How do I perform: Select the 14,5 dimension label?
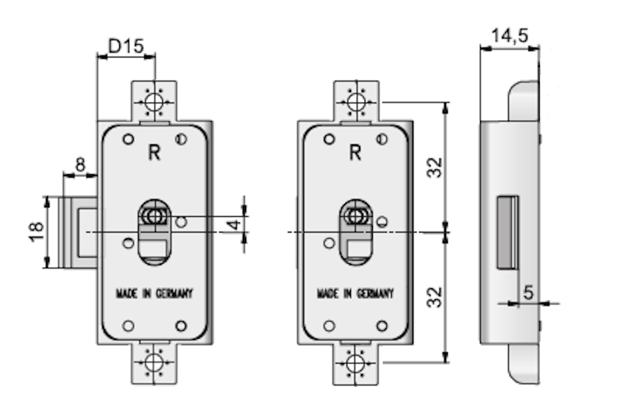(508, 36)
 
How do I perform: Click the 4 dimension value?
(233, 223)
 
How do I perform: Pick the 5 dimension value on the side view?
(528, 292)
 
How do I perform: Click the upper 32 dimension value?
(435, 167)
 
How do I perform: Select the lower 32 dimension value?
(435, 296)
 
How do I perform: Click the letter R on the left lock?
(154, 152)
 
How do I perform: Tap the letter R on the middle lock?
(355, 152)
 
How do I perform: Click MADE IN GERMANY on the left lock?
(154, 294)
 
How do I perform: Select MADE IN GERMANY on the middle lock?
(355, 294)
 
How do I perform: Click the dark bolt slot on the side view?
(508, 231)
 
